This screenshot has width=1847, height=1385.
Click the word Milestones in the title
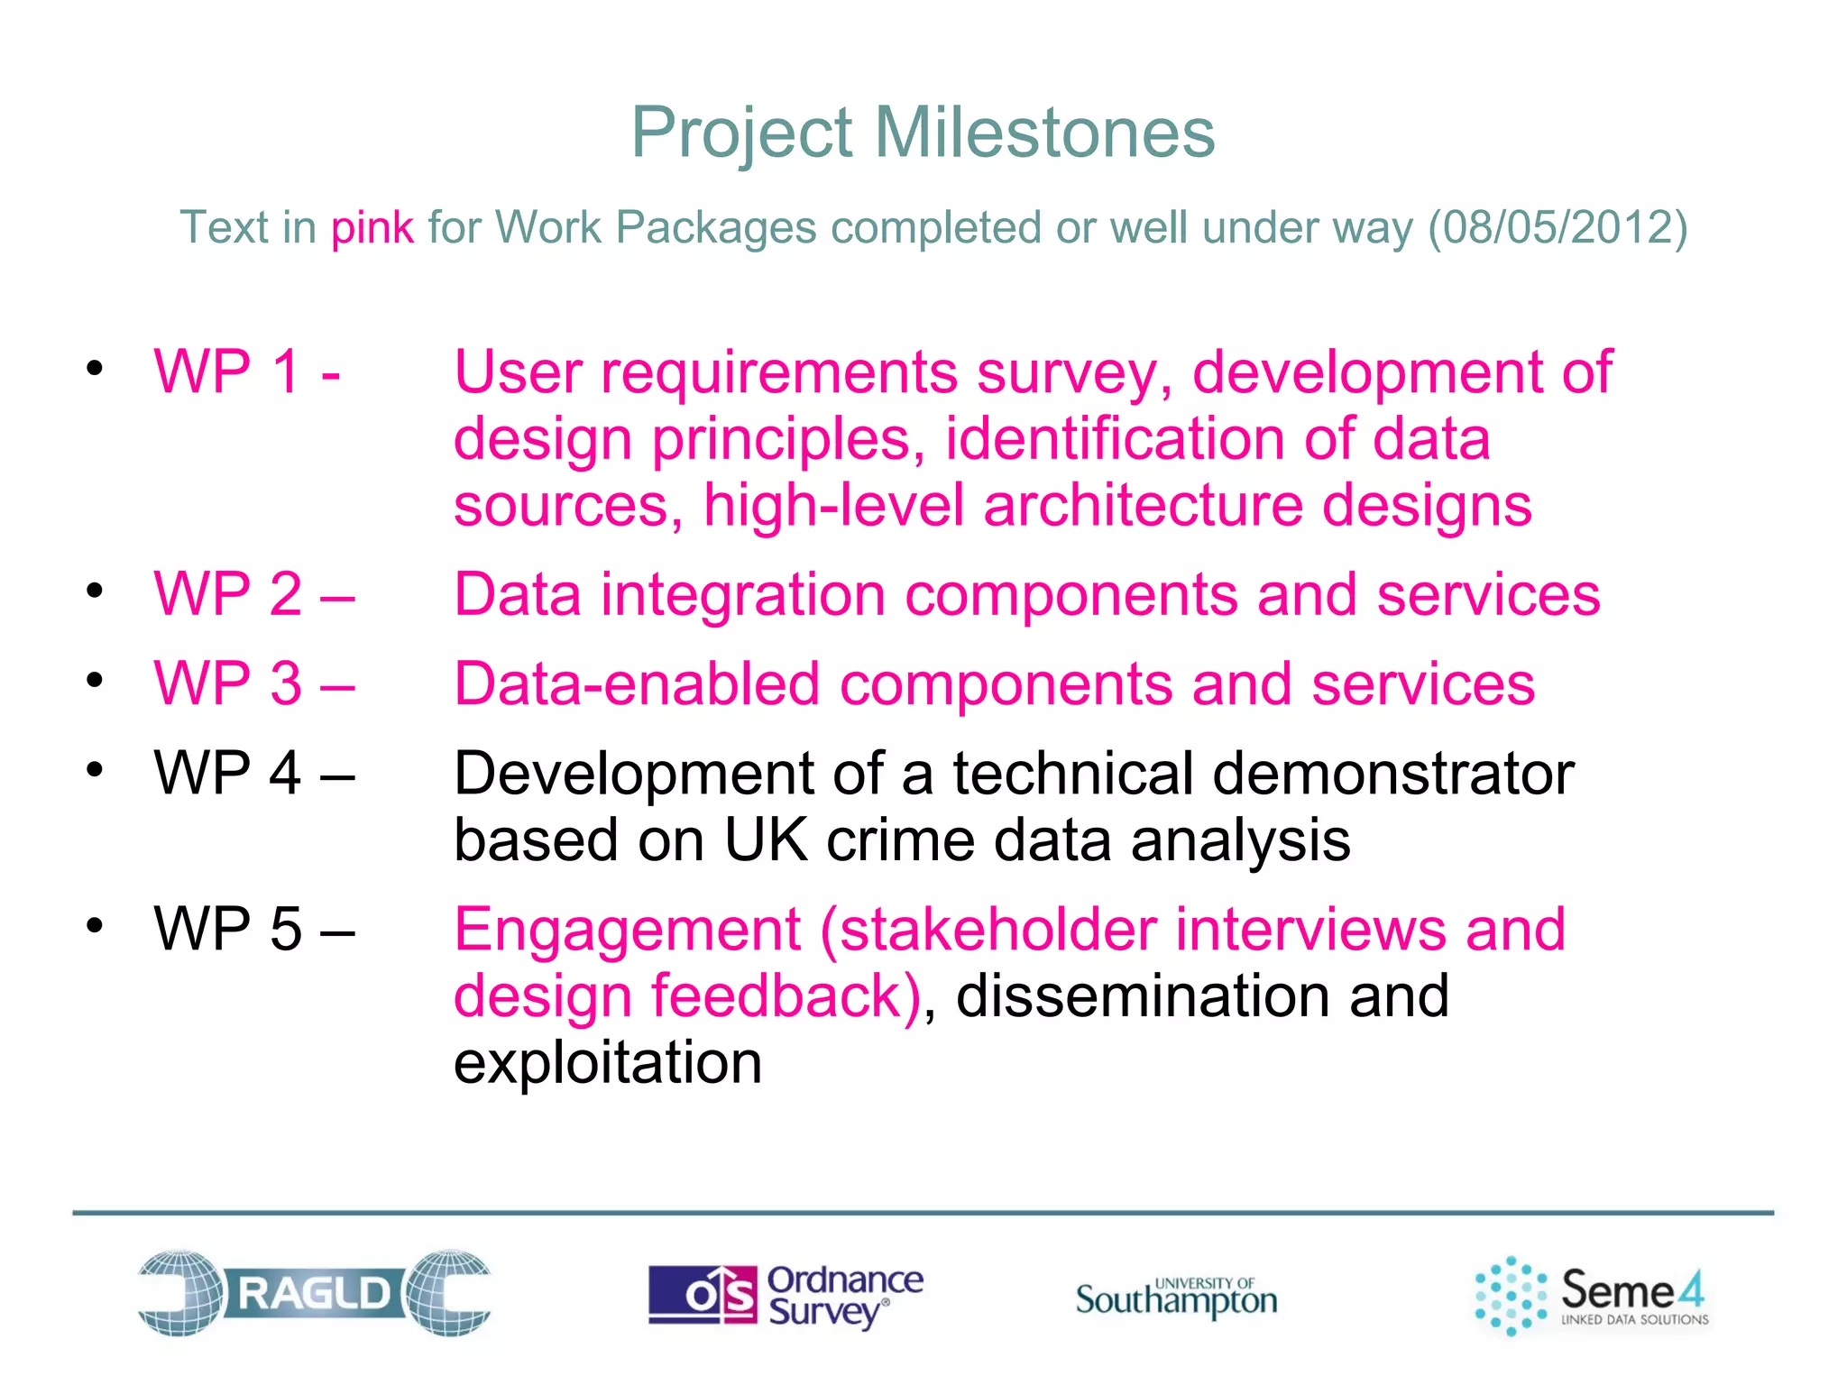click(1044, 133)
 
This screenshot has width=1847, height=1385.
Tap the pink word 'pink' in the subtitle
click(372, 227)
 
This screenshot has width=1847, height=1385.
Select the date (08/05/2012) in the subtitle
click(1557, 227)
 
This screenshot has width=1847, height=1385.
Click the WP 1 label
click(246, 371)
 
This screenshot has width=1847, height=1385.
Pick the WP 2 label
click(253, 594)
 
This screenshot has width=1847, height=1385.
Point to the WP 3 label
click(253, 683)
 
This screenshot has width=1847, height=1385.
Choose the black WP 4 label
click(253, 773)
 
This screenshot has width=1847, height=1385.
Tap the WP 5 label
click(253, 929)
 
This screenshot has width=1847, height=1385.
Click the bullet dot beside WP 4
click(95, 770)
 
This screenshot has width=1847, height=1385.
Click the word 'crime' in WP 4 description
click(899, 840)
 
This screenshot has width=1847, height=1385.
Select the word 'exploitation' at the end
click(608, 1062)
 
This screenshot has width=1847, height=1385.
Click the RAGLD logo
click(314, 1293)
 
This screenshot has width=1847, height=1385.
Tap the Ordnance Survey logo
click(786, 1295)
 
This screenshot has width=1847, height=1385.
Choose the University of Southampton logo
click(1176, 1297)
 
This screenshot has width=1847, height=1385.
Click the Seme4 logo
click(1592, 1295)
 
